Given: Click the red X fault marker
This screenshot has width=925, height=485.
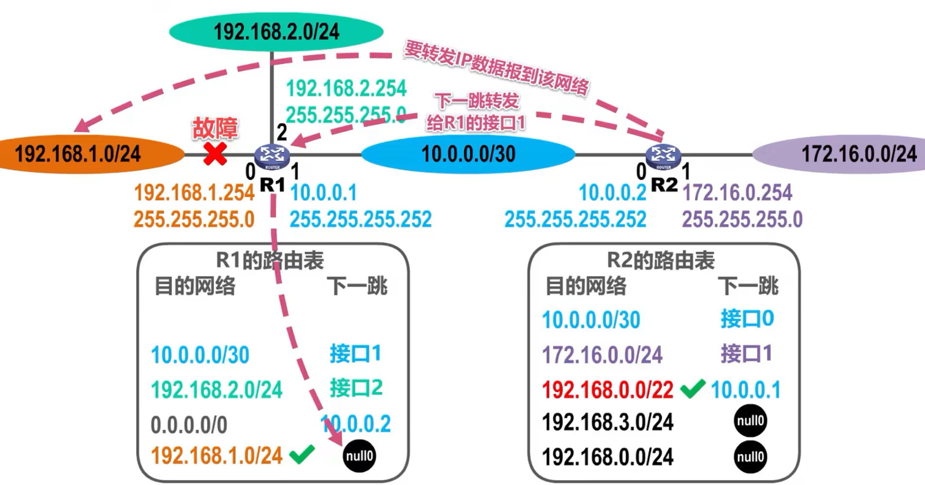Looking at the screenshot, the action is [x=215, y=155].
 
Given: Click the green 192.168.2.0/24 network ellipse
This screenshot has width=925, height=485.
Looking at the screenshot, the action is [x=276, y=32].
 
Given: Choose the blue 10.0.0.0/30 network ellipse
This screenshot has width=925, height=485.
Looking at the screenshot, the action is [x=468, y=155].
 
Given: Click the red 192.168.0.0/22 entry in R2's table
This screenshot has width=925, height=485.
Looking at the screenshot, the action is [x=608, y=390].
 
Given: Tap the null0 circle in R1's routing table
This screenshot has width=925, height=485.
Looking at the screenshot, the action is [x=359, y=456].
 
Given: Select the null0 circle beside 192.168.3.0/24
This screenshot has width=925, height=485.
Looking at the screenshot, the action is [x=750, y=421].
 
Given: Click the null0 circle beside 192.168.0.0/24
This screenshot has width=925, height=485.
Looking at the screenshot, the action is [x=750, y=457].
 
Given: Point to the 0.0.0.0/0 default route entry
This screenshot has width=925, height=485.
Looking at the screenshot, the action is [x=189, y=425].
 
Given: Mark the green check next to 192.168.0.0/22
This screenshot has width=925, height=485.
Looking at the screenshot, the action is [x=692, y=389].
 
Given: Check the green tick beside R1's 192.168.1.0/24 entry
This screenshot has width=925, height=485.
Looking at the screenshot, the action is [x=302, y=454].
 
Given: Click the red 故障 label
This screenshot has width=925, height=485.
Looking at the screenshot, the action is [x=215, y=128].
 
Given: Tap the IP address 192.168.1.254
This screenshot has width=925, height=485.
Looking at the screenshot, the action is [x=194, y=193].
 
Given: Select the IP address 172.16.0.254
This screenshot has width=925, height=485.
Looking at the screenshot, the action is [x=737, y=193].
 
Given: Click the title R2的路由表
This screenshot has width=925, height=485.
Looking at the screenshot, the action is [x=661, y=260].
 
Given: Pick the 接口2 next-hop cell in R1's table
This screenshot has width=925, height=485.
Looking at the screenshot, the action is [x=356, y=388].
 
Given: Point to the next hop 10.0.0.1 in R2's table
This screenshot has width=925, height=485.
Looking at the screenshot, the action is [x=746, y=390].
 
